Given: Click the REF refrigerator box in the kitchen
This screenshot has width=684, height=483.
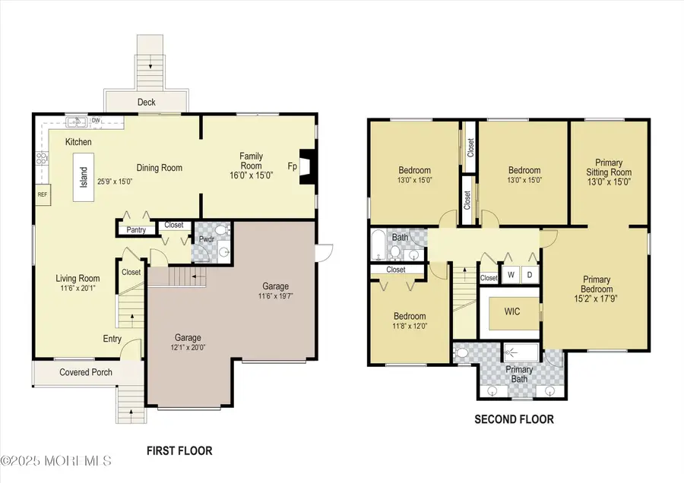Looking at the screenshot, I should (43, 194).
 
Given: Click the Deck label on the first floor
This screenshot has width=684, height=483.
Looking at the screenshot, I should (146, 100).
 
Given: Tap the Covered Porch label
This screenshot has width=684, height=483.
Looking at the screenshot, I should (86, 372).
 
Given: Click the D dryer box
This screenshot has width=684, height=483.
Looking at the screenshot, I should (528, 274).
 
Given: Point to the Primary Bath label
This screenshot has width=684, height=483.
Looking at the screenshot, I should (519, 374).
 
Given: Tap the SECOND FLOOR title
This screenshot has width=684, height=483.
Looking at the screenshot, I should (514, 419).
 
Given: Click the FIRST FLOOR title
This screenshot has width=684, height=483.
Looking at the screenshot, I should (179, 450).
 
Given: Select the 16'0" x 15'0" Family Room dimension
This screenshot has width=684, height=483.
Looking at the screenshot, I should (251, 175).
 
